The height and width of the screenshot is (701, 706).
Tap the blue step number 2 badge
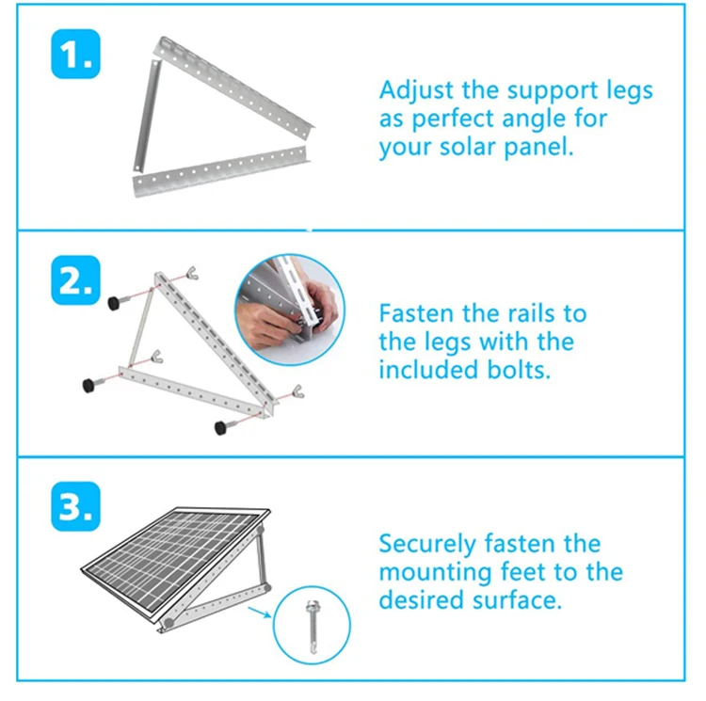[72, 279]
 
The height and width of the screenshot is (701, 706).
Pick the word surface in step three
[521, 600]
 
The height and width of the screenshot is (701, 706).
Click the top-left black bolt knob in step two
[114, 302]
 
